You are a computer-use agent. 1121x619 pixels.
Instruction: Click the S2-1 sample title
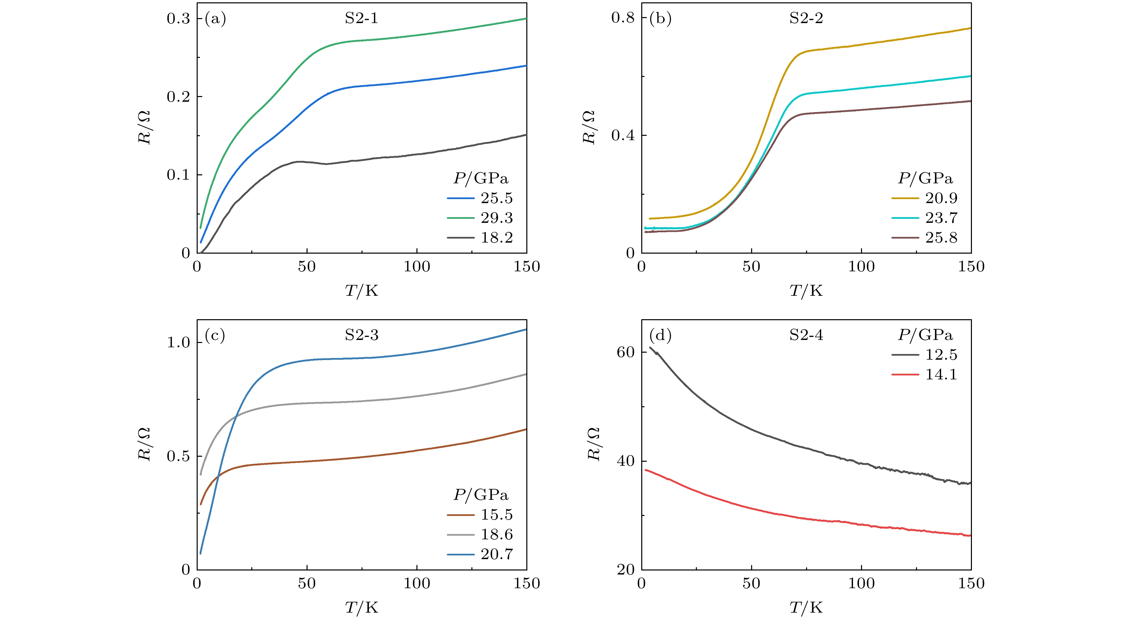pyautogui.click(x=361, y=18)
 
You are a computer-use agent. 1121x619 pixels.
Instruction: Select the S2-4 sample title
pyautogui.click(x=806, y=335)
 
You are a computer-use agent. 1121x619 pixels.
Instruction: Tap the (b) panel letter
pyautogui.click(x=660, y=18)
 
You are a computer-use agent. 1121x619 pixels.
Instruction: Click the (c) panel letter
pyautogui.click(x=215, y=335)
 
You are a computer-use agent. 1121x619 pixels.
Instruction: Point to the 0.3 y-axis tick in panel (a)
pyautogui.click(x=179, y=18)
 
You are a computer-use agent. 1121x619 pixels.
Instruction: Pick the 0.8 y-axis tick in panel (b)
pyautogui.click(x=623, y=17)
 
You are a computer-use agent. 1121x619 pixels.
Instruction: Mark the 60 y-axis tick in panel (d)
pyautogui.click(x=625, y=352)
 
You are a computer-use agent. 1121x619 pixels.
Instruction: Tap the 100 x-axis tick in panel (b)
pyautogui.click(x=861, y=266)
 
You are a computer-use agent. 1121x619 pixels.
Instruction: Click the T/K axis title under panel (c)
pyautogui.click(x=361, y=607)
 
